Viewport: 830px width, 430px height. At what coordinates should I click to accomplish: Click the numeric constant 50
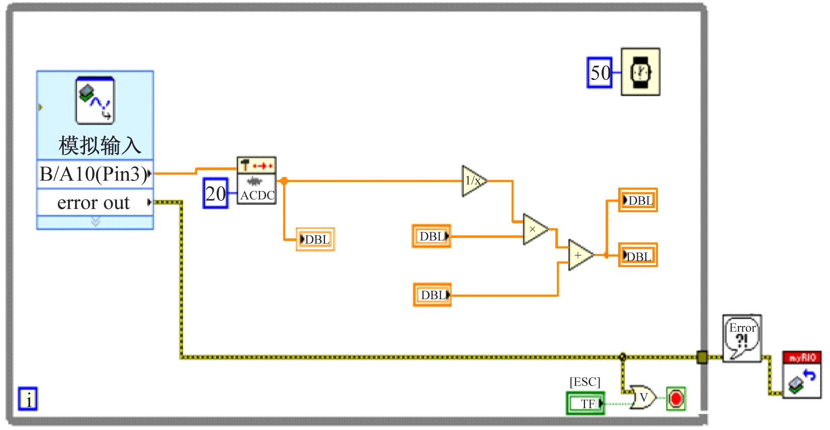[x=599, y=73]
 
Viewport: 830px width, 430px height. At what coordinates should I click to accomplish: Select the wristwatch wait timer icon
[x=640, y=72]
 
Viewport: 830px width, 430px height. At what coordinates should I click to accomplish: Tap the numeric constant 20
[x=216, y=193]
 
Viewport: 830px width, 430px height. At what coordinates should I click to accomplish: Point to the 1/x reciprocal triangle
[x=473, y=181]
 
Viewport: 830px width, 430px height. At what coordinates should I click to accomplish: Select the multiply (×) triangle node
[x=534, y=229]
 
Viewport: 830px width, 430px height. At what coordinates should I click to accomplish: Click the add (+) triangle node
[x=579, y=255]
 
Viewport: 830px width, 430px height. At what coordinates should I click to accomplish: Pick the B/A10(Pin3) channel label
[x=94, y=174]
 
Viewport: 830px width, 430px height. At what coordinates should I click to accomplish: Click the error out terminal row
[x=94, y=203]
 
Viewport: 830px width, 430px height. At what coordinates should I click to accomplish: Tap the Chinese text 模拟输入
[x=99, y=145]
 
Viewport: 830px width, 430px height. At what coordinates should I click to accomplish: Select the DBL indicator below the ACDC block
[x=315, y=239]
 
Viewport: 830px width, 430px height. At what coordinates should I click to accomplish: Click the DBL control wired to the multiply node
[x=432, y=236]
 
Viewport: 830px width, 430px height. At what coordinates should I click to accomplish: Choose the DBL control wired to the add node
[x=432, y=295]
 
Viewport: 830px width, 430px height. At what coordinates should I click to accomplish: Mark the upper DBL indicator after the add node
[x=638, y=200]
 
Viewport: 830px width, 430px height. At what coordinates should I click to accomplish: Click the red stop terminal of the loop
[x=676, y=399]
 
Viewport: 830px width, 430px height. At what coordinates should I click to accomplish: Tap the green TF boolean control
[x=586, y=403]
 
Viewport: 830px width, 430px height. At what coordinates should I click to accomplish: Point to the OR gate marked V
[x=642, y=398]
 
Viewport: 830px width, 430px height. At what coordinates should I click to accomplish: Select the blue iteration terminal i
[x=28, y=399]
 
